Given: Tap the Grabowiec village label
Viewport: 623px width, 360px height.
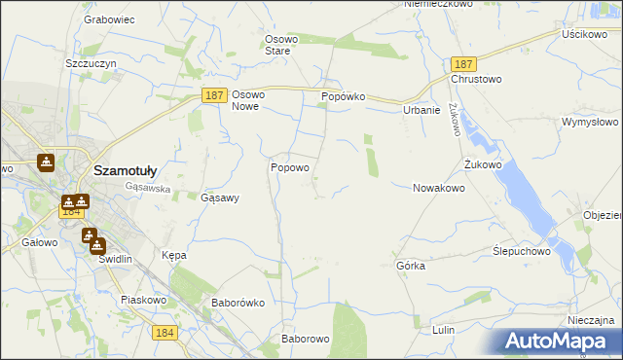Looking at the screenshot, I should [x=109, y=18].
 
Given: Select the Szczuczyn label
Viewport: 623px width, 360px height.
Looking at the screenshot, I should [x=92, y=62].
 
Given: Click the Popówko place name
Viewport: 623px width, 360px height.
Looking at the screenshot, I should [x=343, y=97].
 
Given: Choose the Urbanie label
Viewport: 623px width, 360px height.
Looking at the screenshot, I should [x=421, y=110].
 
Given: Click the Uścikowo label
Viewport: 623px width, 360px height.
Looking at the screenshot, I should [x=584, y=34].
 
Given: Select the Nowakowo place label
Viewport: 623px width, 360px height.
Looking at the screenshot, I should [x=438, y=188].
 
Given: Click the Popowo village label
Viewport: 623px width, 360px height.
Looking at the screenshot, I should [x=289, y=167].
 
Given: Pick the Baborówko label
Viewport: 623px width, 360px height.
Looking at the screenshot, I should [x=238, y=303].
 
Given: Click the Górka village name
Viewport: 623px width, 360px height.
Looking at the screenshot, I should [x=411, y=266].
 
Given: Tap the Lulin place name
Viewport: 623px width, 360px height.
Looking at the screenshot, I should [x=444, y=331].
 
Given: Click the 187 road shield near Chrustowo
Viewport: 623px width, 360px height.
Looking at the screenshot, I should [x=463, y=63].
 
